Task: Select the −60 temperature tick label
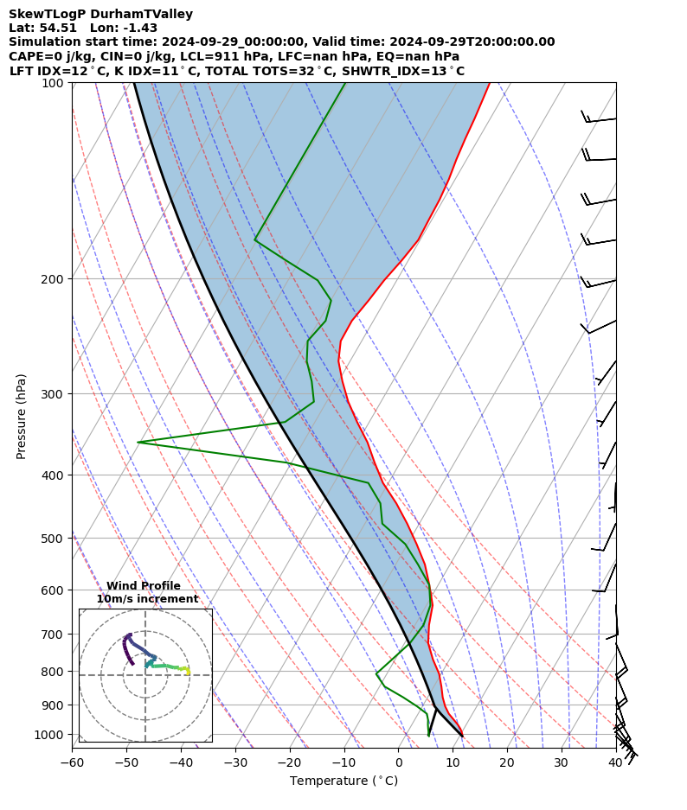click(x=72, y=763)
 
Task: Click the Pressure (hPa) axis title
click(x=22, y=416)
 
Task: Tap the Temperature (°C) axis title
click(x=343, y=781)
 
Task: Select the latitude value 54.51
click(x=56, y=29)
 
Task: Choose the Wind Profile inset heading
click(x=144, y=586)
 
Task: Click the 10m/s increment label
click(x=147, y=599)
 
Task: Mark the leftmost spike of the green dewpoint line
click(x=138, y=442)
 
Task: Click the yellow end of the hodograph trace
click(x=187, y=671)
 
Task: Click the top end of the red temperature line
click(x=489, y=83)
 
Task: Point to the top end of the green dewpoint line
click(x=345, y=83)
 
